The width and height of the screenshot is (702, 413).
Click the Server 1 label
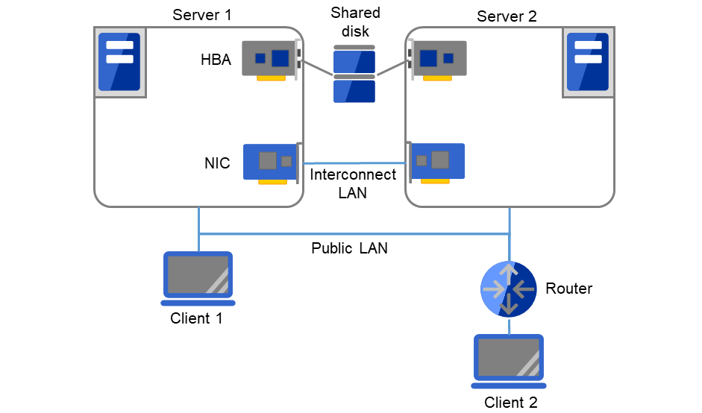coord(202,15)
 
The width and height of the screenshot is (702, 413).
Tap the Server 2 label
coord(507,16)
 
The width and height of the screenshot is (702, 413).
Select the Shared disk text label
coord(355,22)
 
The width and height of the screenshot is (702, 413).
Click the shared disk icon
coord(354,75)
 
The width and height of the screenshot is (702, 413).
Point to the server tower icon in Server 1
coord(119,62)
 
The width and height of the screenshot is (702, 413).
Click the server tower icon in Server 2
coord(588,62)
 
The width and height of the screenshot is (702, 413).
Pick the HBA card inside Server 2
coord(438,60)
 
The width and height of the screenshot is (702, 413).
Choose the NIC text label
coord(217,163)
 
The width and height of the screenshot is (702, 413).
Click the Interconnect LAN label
coord(353,183)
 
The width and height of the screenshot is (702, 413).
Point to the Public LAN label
coord(349,248)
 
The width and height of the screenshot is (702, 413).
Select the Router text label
coord(568,289)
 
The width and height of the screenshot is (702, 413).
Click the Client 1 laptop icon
coord(198,278)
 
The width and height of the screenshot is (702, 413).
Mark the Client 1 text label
coord(197,319)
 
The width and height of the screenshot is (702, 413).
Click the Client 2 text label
coord(510,403)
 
